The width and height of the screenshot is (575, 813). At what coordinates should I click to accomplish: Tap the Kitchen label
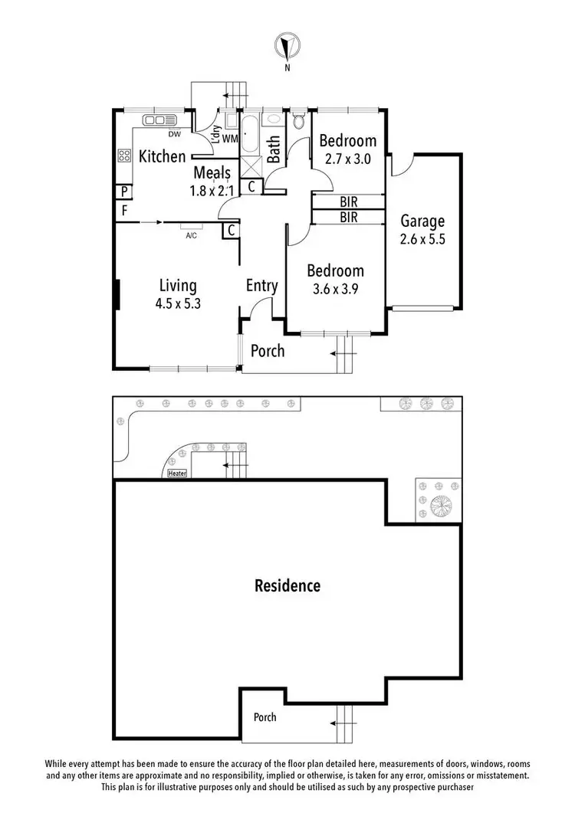point(162,157)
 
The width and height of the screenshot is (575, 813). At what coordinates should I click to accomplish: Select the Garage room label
point(422,222)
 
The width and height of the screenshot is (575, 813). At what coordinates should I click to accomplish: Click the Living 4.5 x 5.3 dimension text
point(179,303)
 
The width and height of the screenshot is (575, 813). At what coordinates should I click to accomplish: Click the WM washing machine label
point(229,139)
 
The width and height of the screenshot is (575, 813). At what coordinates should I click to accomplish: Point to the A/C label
point(192,235)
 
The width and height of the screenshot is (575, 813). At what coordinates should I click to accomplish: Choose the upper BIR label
point(349,202)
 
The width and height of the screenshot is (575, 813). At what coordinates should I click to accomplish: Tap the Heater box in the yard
point(176,474)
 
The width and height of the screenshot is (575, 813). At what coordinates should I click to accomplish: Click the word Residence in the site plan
point(287,586)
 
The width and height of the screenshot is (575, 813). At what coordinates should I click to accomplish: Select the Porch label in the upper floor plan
point(268,351)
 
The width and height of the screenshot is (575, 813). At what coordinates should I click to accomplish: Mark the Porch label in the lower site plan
point(265,717)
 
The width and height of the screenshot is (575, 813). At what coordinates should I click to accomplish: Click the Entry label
point(261,286)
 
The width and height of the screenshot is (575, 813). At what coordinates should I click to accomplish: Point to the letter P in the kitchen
point(123,192)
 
